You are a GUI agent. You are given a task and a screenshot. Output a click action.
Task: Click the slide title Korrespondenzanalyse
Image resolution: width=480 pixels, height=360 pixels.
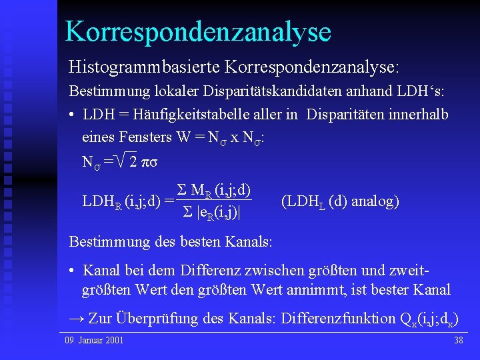click(198, 31)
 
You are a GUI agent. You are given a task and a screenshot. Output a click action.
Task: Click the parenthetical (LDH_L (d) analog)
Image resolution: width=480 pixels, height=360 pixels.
click(340, 201)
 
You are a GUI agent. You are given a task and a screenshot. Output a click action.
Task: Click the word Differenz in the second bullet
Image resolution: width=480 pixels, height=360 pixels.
click(205, 271)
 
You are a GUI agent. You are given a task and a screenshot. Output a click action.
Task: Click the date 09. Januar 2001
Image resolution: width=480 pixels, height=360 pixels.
click(94, 341)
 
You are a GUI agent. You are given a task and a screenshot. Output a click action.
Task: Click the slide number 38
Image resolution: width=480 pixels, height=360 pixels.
click(458, 341)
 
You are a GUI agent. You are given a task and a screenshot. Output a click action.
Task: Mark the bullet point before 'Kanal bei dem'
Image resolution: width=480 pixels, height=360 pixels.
click(73, 271)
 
